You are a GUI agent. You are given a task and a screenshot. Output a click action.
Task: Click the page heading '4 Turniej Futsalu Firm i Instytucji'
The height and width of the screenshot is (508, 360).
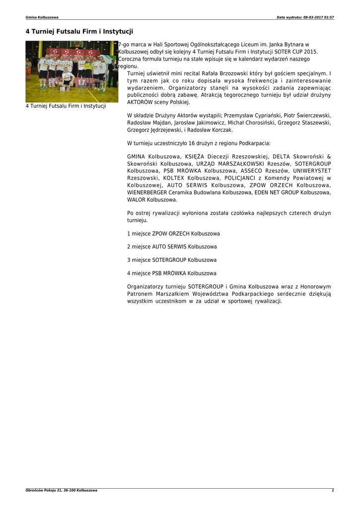pyautogui.click(x=79, y=31)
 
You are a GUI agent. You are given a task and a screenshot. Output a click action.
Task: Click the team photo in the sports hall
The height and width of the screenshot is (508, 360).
pyautogui.click(x=72, y=71)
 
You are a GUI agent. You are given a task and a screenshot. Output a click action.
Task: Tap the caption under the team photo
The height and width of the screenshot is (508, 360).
pyautogui.click(x=66, y=106)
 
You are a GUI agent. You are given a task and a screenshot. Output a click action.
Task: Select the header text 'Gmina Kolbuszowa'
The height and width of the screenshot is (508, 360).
pyautogui.click(x=42, y=17)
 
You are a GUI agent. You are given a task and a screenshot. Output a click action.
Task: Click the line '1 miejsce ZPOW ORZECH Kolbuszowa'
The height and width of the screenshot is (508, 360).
pyautogui.click(x=173, y=233)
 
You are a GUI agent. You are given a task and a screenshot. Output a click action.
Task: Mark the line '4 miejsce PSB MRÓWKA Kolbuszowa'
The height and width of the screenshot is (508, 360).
pyautogui.click(x=172, y=273)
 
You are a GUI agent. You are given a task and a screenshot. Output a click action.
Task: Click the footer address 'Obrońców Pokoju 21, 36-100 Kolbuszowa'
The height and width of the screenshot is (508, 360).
pyautogui.click(x=62, y=490)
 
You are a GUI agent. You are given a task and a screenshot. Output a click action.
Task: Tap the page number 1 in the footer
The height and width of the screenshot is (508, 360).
pyautogui.click(x=333, y=490)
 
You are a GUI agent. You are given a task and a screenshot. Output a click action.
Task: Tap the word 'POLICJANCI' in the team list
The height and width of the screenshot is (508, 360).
pyautogui.click(x=241, y=178)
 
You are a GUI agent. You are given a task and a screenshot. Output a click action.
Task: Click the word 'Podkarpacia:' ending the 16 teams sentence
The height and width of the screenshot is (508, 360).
pyautogui.click(x=255, y=143)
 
